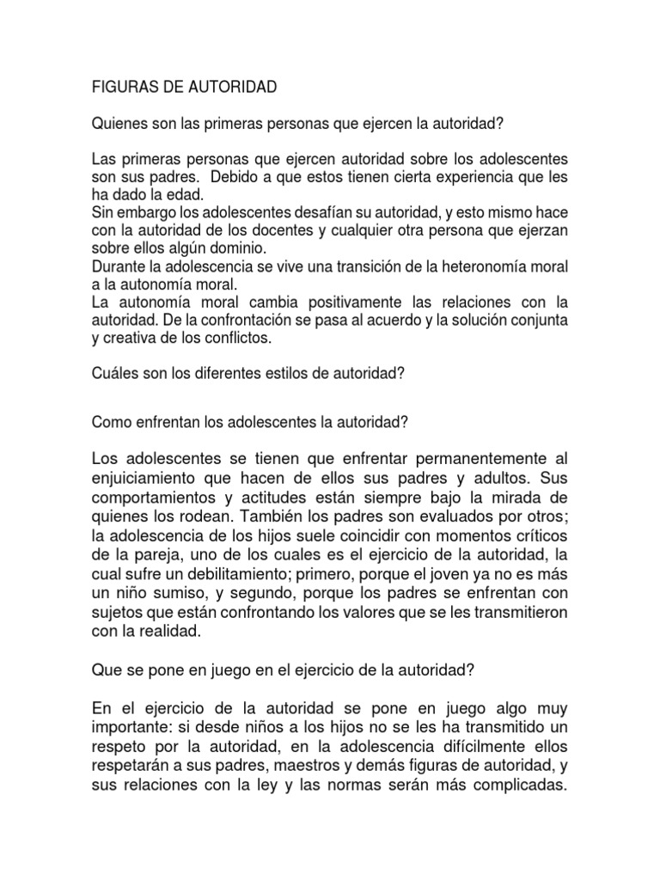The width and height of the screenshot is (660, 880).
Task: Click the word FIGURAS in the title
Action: click(120, 88)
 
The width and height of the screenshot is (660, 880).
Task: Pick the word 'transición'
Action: click(347, 266)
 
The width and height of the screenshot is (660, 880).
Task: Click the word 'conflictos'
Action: click(243, 338)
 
